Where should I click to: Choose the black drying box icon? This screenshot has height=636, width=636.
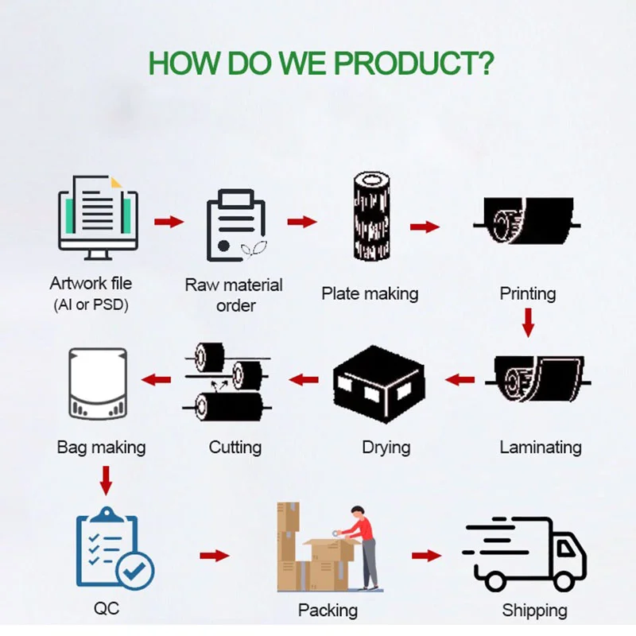[x=378, y=382]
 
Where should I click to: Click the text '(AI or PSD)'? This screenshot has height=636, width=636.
[x=91, y=304]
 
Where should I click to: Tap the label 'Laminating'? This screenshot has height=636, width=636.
[x=541, y=448]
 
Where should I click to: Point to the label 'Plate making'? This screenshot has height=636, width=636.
[x=370, y=293]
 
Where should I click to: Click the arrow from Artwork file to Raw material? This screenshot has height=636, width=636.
[x=169, y=222]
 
